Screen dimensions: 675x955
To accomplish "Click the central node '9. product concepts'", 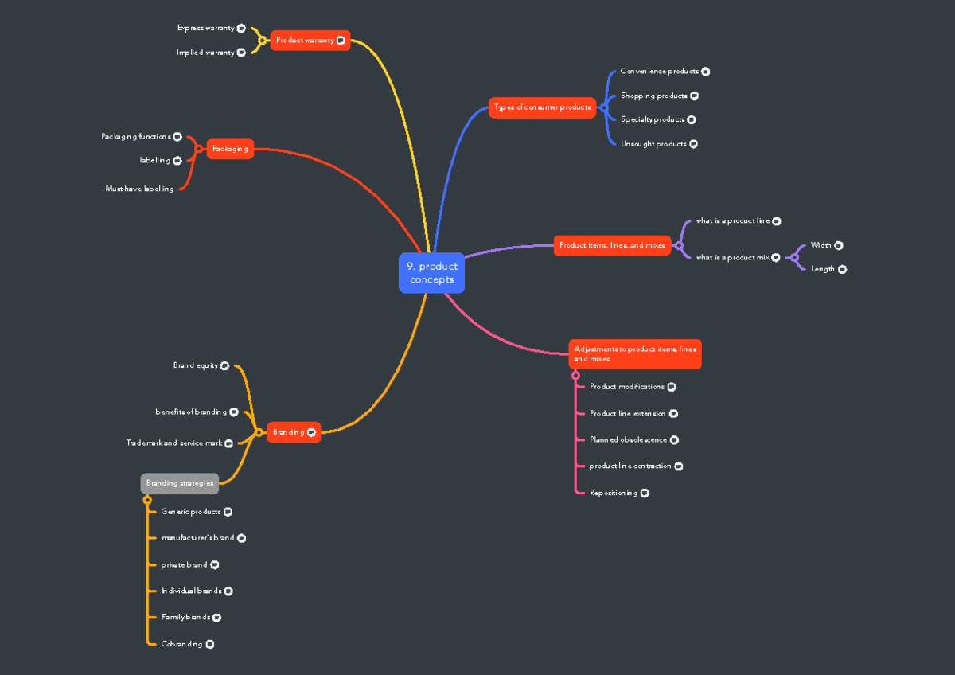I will coord(431,273).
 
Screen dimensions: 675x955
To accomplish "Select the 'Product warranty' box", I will coord(310,40).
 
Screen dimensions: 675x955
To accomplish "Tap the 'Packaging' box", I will coord(230,149).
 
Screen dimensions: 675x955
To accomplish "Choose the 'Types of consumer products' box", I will coord(542,107).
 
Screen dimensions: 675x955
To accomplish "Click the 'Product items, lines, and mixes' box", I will coord(612,245).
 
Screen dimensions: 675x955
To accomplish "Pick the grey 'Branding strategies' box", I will coord(180,483).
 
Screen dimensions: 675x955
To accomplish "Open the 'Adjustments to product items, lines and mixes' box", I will coord(635,354).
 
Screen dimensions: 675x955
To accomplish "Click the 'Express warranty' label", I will coord(205,28).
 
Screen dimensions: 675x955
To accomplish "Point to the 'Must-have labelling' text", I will coord(139,189).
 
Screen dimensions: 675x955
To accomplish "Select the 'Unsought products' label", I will coord(653,144).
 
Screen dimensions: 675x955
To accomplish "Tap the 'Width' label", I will coord(821,245).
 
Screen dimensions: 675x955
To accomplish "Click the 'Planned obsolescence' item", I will coord(628,439).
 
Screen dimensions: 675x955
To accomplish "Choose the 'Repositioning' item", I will coord(614,493).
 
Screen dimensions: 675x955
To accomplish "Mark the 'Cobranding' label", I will coord(181,644).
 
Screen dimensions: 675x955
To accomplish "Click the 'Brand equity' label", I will coord(196,365).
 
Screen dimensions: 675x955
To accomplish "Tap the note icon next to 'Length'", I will coord(842,269).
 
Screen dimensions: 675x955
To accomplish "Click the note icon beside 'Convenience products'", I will coord(705,72).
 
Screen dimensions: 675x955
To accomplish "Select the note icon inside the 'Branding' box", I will coord(311,432).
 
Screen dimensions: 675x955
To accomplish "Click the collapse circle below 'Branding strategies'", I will coord(147,500).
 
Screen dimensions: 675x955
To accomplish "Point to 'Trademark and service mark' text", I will coord(174,443).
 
